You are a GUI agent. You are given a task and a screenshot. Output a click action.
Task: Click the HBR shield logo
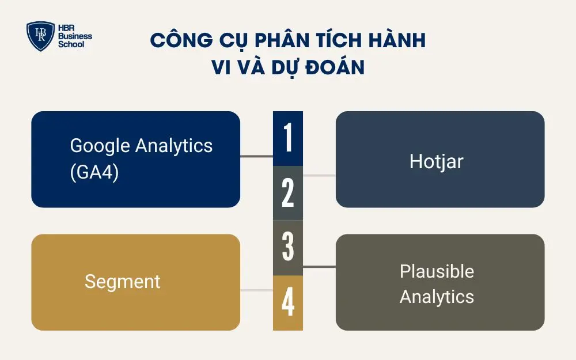coord(40,37)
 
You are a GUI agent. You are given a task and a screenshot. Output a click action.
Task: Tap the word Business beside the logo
coord(75,37)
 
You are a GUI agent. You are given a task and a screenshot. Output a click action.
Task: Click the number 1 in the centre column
coord(288,138)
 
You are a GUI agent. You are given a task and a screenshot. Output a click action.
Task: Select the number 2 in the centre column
coord(288,194)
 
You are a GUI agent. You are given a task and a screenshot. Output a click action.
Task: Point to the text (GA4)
coord(94,172)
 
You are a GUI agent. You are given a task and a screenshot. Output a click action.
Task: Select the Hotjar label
coord(436,161)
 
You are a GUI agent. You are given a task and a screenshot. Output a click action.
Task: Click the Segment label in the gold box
coord(122,282)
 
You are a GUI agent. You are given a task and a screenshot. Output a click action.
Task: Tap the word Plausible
coord(437,271)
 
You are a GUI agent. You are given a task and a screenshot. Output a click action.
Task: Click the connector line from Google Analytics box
coord(256,156)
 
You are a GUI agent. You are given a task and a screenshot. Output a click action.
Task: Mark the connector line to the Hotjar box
coord(319,175)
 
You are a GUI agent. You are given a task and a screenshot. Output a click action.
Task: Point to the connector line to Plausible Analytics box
coord(319,267)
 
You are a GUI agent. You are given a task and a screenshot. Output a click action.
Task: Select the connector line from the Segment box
coord(256,290)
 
